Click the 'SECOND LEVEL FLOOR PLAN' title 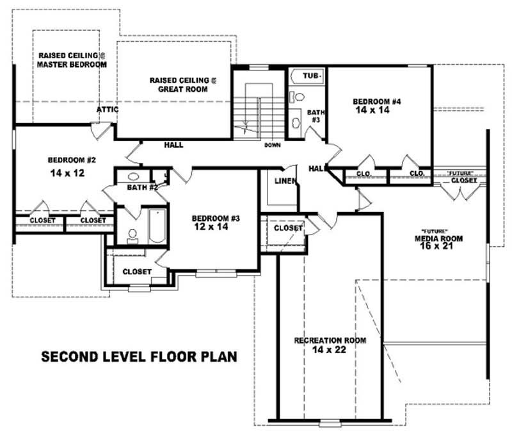click(x=139, y=356)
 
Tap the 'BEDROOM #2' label click(x=71, y=160)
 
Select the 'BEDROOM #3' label click(x=216, y=219)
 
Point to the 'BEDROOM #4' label click(x=377, y=101)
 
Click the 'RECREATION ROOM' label click(x=330, y=340)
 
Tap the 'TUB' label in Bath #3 click(x=310, y=76)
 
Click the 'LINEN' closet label click(x=285, y=181)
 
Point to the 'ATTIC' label click(x=108, y=110)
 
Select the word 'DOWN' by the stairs click(x=272, y=146)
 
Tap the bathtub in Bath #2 click(x=156, y=226)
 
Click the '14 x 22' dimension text click(x=330, y=350)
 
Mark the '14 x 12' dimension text click(x=67, y=173)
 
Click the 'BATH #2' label click(x=142, y=187)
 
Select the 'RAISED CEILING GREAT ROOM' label click(x=183, y=85)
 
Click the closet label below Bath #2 click(x=136, y=272)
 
